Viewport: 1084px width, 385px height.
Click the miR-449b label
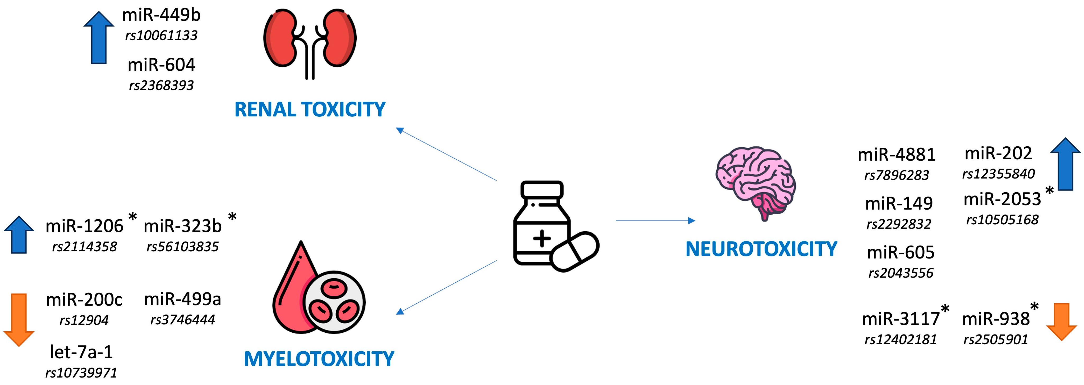coord(161,15)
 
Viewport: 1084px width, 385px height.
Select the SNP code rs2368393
coord(161,85)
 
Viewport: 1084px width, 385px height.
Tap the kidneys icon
coord(310,42)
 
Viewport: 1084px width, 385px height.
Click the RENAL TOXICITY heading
coord(310,110)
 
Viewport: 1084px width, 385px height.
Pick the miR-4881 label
coord(896,155)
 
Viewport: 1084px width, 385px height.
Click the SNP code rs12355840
coord(998,174)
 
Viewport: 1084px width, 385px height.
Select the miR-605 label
coord(901,252)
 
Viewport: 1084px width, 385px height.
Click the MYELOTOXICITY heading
coord(319,359)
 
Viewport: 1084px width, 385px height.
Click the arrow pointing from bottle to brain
coord(655,220)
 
